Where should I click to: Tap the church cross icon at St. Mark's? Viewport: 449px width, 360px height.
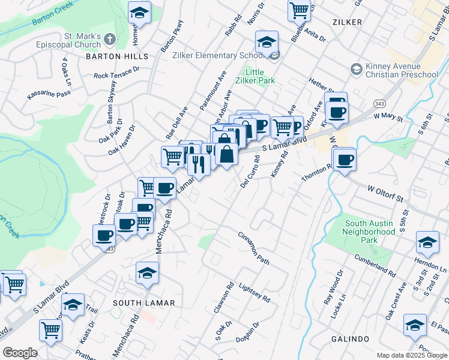tap(109, 40)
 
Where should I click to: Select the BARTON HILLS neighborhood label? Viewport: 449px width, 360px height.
tap(117, 56)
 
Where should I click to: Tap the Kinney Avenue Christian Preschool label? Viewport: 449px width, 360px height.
tap(403, 70)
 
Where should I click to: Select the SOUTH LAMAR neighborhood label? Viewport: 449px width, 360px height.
tap(144, 303)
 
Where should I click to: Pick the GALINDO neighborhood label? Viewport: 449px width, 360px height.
tap(350, 339)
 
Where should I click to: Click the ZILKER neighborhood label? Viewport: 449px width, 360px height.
tap(347, 22)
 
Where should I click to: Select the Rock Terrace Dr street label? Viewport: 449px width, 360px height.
tap(116, 73)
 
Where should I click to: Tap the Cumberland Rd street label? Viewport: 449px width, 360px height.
tap(375, 265)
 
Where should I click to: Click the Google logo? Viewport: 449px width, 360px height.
tap(20, 353)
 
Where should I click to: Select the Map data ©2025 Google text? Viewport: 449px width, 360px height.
tap(411, 355)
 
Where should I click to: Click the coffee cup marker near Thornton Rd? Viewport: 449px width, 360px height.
tap(345, 160)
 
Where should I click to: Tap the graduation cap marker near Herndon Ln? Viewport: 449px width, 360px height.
tap(427, 242)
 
